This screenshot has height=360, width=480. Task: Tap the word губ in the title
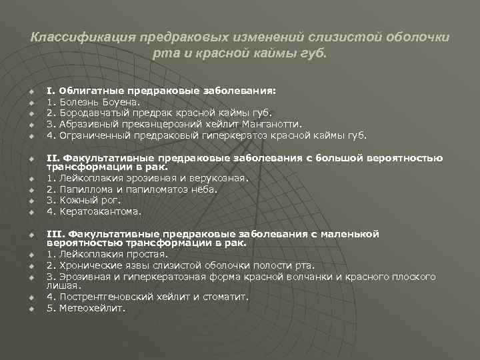click(316, 53)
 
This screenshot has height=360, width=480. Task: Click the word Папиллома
click(84, 189)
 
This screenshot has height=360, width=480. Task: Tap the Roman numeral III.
click(53, 234)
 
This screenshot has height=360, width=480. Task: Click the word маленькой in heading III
click(350, 234)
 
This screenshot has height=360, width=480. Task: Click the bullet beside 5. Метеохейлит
click(31, 308)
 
